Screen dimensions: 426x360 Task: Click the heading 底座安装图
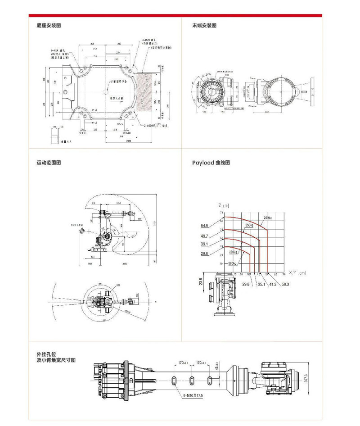click(49, 26)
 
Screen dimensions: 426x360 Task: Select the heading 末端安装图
click(204, 26)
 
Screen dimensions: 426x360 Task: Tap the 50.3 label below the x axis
click(285, 284)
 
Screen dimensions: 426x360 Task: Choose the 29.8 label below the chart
click(246, 284)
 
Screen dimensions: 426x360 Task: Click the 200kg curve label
click(269, 218)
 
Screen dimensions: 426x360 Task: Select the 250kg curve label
click(249, 225)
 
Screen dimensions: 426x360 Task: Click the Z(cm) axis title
click(223, 206)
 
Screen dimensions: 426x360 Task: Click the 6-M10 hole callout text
click(193, 395)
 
